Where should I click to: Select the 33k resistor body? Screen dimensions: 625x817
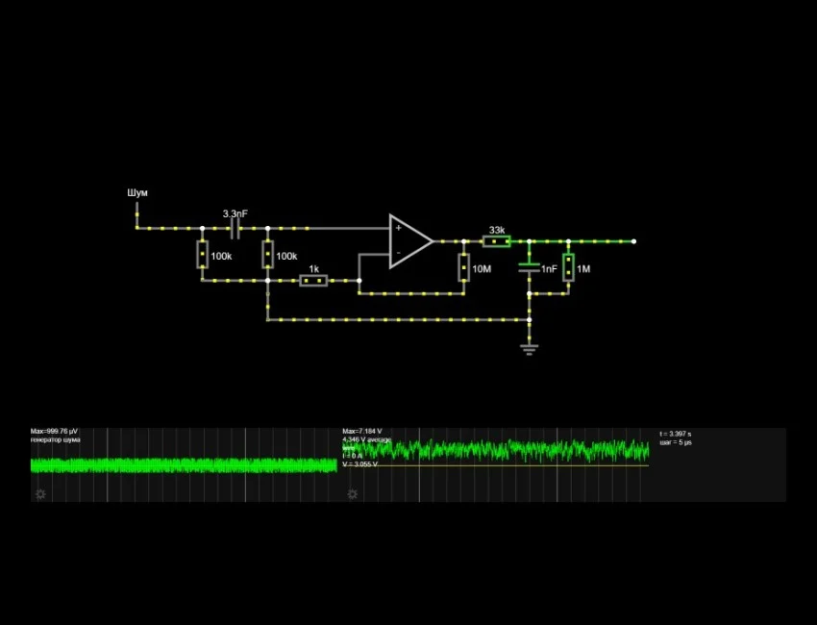pyautogui.click(x=496, y=241)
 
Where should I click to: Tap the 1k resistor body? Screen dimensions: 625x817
pyautogui.click(x=313, y=281)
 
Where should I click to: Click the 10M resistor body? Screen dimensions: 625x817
pyautogui.click(x=463, y=267)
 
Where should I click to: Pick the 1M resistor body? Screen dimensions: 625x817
pyautogui.click(x=568, y=267)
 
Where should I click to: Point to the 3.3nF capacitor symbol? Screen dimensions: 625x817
pyautogui.click(x=235, y=228)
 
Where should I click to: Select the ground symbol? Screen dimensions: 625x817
pyautogui.click(x=529, y=347)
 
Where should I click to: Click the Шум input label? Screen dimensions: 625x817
pyautogui.click(x=137, y=193)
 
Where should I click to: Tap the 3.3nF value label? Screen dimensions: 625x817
pyautogui.click(x=235, y=213)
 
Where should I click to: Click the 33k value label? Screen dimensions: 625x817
pyautogui.click(x=496, y=230)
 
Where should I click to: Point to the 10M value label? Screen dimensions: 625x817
pyautogui.click(x=481, y=269)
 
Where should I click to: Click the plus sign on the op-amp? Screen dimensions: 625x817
pyautogui.click(x=398, y=229)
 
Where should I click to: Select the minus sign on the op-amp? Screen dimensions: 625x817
pyautogui.click(x=398, y=253)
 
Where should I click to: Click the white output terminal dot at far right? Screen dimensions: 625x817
pyautogui.click(x=633, y=241)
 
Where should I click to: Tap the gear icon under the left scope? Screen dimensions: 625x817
pyautogui.click(x=40, y=494)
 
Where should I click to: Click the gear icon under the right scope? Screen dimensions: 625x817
pyautogui.click(x=353, y=494)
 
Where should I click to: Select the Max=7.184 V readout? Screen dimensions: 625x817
pyautogui.click(x=362, y=431)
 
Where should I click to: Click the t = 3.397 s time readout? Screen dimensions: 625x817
pyautogui.click(x=676, y=435)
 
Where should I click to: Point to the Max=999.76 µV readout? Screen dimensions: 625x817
pyautogui.click(x=55, y=431)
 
